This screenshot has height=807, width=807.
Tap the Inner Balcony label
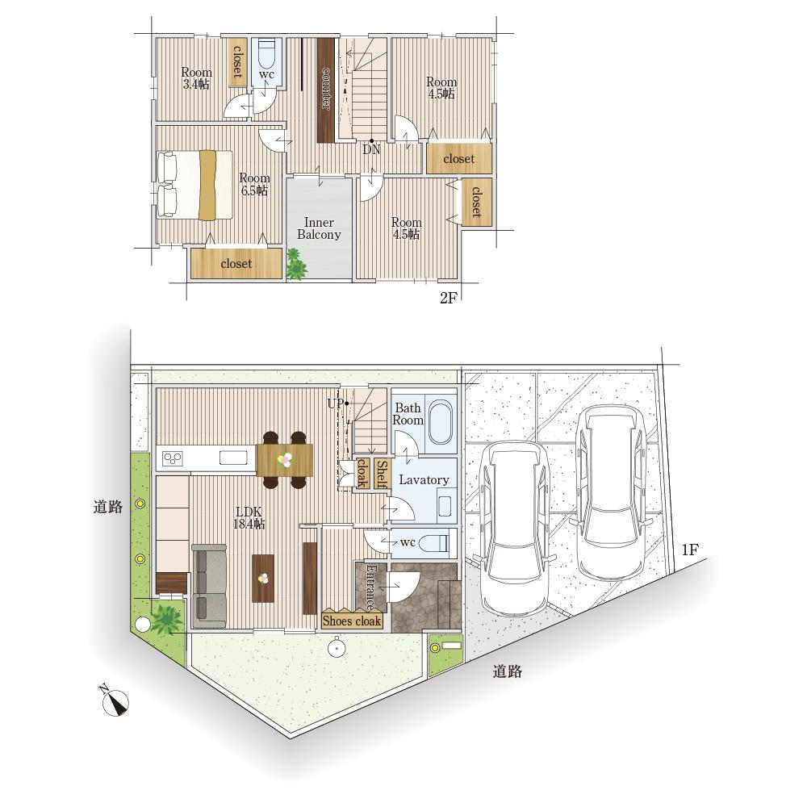click(x=319, y=228)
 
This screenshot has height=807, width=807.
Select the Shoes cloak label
click(x=352, y=621)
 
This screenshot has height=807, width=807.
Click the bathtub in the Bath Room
click(x=441, y=422)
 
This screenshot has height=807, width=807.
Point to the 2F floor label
click(x=448, y=298)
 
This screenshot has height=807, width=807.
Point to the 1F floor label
click(x=690, y=550)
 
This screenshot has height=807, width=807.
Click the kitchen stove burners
click(x=173, y=458)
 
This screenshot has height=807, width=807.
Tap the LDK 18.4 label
click(x=249, y=518)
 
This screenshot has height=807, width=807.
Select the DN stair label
click(x=371, y=149)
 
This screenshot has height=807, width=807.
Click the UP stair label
click(x=335, y=404)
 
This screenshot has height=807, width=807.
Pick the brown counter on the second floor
click(x=326, y=90)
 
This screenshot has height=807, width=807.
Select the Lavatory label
click(x=424, y=480)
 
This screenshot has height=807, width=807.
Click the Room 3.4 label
click(x=196, y=78)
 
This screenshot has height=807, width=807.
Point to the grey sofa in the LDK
click(x=209, y=586)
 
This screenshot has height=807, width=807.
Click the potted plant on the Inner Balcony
click(x=296, y=265)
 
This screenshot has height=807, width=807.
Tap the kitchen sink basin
click(x=233, y=457)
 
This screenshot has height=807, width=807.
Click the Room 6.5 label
click(x=254, y=184)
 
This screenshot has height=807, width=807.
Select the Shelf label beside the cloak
click(x=382, y=474)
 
